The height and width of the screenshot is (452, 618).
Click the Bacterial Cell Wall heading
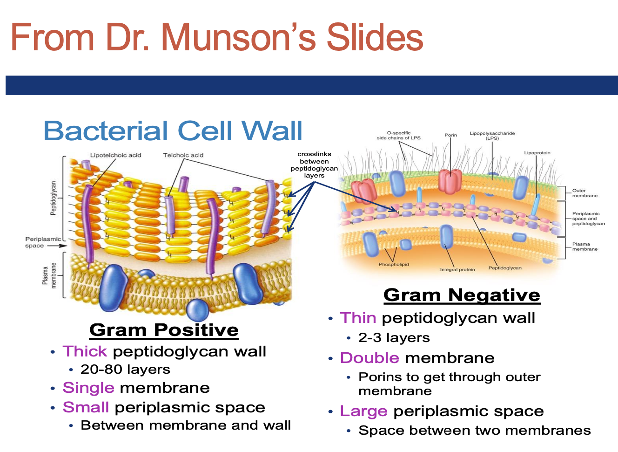click(x=173, y=130)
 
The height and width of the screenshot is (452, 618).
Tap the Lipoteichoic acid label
click(x=115, y=155)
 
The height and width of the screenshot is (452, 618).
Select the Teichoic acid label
click(x=183, y=155)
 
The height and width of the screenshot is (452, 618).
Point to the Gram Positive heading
click(x=164, y=330)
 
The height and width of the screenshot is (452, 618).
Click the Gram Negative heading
click(x=462, y=295)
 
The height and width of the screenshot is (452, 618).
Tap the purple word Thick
click(x=85, y=351)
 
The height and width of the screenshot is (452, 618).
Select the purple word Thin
click(x=358, y=318)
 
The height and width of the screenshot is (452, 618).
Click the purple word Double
click(x=369, y=358)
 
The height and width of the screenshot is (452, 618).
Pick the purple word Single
click(x=88, y=388)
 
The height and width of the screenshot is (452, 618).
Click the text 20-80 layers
click(x=125, y=370)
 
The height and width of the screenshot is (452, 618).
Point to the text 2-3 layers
click(x=394, y=338)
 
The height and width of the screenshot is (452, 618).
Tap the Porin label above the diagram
click(x=450, y=135)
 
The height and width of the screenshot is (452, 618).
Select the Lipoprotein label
click(x=537, y=153)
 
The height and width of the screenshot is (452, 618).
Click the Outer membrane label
click(x=584, y=193)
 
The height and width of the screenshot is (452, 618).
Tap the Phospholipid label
click(x=394, y=264)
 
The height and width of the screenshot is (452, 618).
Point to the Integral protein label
click(x=457, y=269)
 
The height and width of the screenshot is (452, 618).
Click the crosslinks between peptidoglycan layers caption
click(x=314, y=164)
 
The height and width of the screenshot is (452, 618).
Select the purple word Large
click(x=363, y=411)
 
